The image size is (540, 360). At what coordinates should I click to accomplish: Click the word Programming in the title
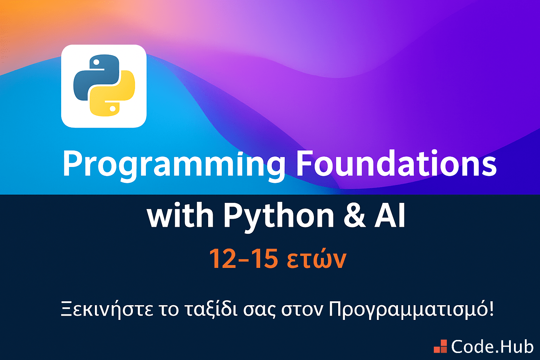tap(174, 166)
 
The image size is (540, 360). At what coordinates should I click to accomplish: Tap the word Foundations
tap(396, 163)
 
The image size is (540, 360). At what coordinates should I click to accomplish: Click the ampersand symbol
tap(354, 215)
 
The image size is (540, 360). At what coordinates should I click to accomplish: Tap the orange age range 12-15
tap(244, 258)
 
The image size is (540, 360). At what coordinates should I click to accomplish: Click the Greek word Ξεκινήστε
tap(107, 309)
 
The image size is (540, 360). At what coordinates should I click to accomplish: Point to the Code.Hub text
tap(492, 347)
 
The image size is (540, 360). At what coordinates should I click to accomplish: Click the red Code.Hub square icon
tap(440, 346)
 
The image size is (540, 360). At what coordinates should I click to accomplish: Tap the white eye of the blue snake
tap(96, 63)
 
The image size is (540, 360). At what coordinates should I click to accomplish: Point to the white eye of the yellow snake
tap(112, 109)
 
